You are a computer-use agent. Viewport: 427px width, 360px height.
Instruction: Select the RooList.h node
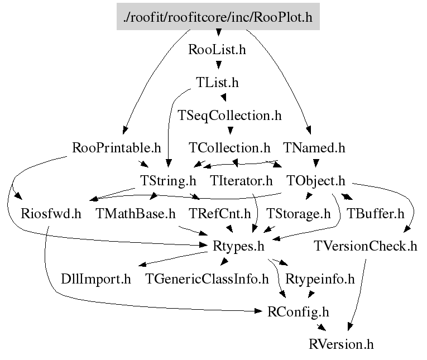pos(217,50)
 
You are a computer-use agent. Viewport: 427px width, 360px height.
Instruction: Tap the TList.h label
pos(217,83)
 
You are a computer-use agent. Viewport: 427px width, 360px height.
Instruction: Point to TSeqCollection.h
pos(229,116)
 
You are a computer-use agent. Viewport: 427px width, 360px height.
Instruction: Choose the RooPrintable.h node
pos(117,148)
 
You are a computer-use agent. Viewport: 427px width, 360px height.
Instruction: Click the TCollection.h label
pos(229,148)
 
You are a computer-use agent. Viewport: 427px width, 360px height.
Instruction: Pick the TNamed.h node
pos(314,148)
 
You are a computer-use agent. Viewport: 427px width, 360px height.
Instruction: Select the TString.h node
pos(167,181)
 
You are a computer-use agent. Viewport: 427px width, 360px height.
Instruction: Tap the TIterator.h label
pos(241,181)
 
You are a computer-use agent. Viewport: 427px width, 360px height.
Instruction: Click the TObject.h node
pos(316,181)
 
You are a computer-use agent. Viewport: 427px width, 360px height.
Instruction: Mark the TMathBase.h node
pos(136,213)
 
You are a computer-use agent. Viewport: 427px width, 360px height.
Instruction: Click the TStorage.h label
pos(298,213)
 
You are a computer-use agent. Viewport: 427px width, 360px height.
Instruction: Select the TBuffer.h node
pos(375,213)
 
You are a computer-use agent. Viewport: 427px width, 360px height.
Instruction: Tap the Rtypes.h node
pos(238,246)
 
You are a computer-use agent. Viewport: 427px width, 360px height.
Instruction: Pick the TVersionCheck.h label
pos(366,246)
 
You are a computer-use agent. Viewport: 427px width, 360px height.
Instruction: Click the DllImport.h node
pos(96,279)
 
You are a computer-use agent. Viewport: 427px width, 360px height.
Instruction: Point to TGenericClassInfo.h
pos(207,279)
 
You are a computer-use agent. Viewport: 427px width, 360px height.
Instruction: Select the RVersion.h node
pos(341,343)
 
